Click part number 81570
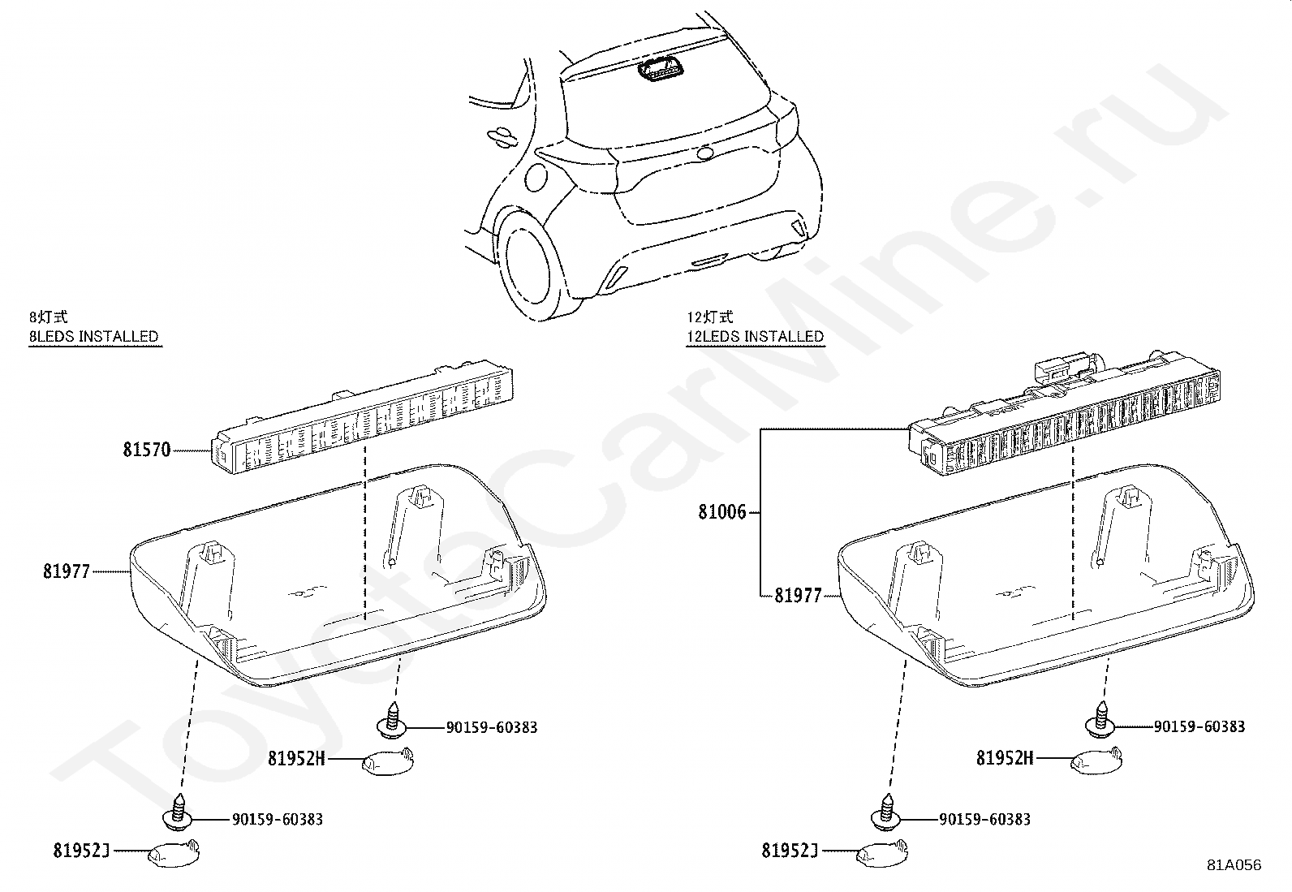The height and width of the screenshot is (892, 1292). point(147,450)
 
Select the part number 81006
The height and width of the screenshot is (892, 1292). point(721,513)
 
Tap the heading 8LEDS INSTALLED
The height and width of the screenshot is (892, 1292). point(94,336)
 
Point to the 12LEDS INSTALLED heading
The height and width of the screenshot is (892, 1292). point(755,336)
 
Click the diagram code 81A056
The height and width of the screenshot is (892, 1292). point(1234,865)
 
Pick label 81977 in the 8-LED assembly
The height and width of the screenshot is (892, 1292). point(67,572)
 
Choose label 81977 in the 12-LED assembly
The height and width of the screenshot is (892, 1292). point(798,596)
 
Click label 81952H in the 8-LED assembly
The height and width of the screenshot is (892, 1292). point(296,759)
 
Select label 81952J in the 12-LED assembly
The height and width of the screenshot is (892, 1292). point(789,851)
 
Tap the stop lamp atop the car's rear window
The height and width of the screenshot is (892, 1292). point(661,71)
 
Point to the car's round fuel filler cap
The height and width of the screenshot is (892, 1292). point(536,176)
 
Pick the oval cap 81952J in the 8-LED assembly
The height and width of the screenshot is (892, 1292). point(173,853)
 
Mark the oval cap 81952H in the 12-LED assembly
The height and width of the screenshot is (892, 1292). point(1097,761)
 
